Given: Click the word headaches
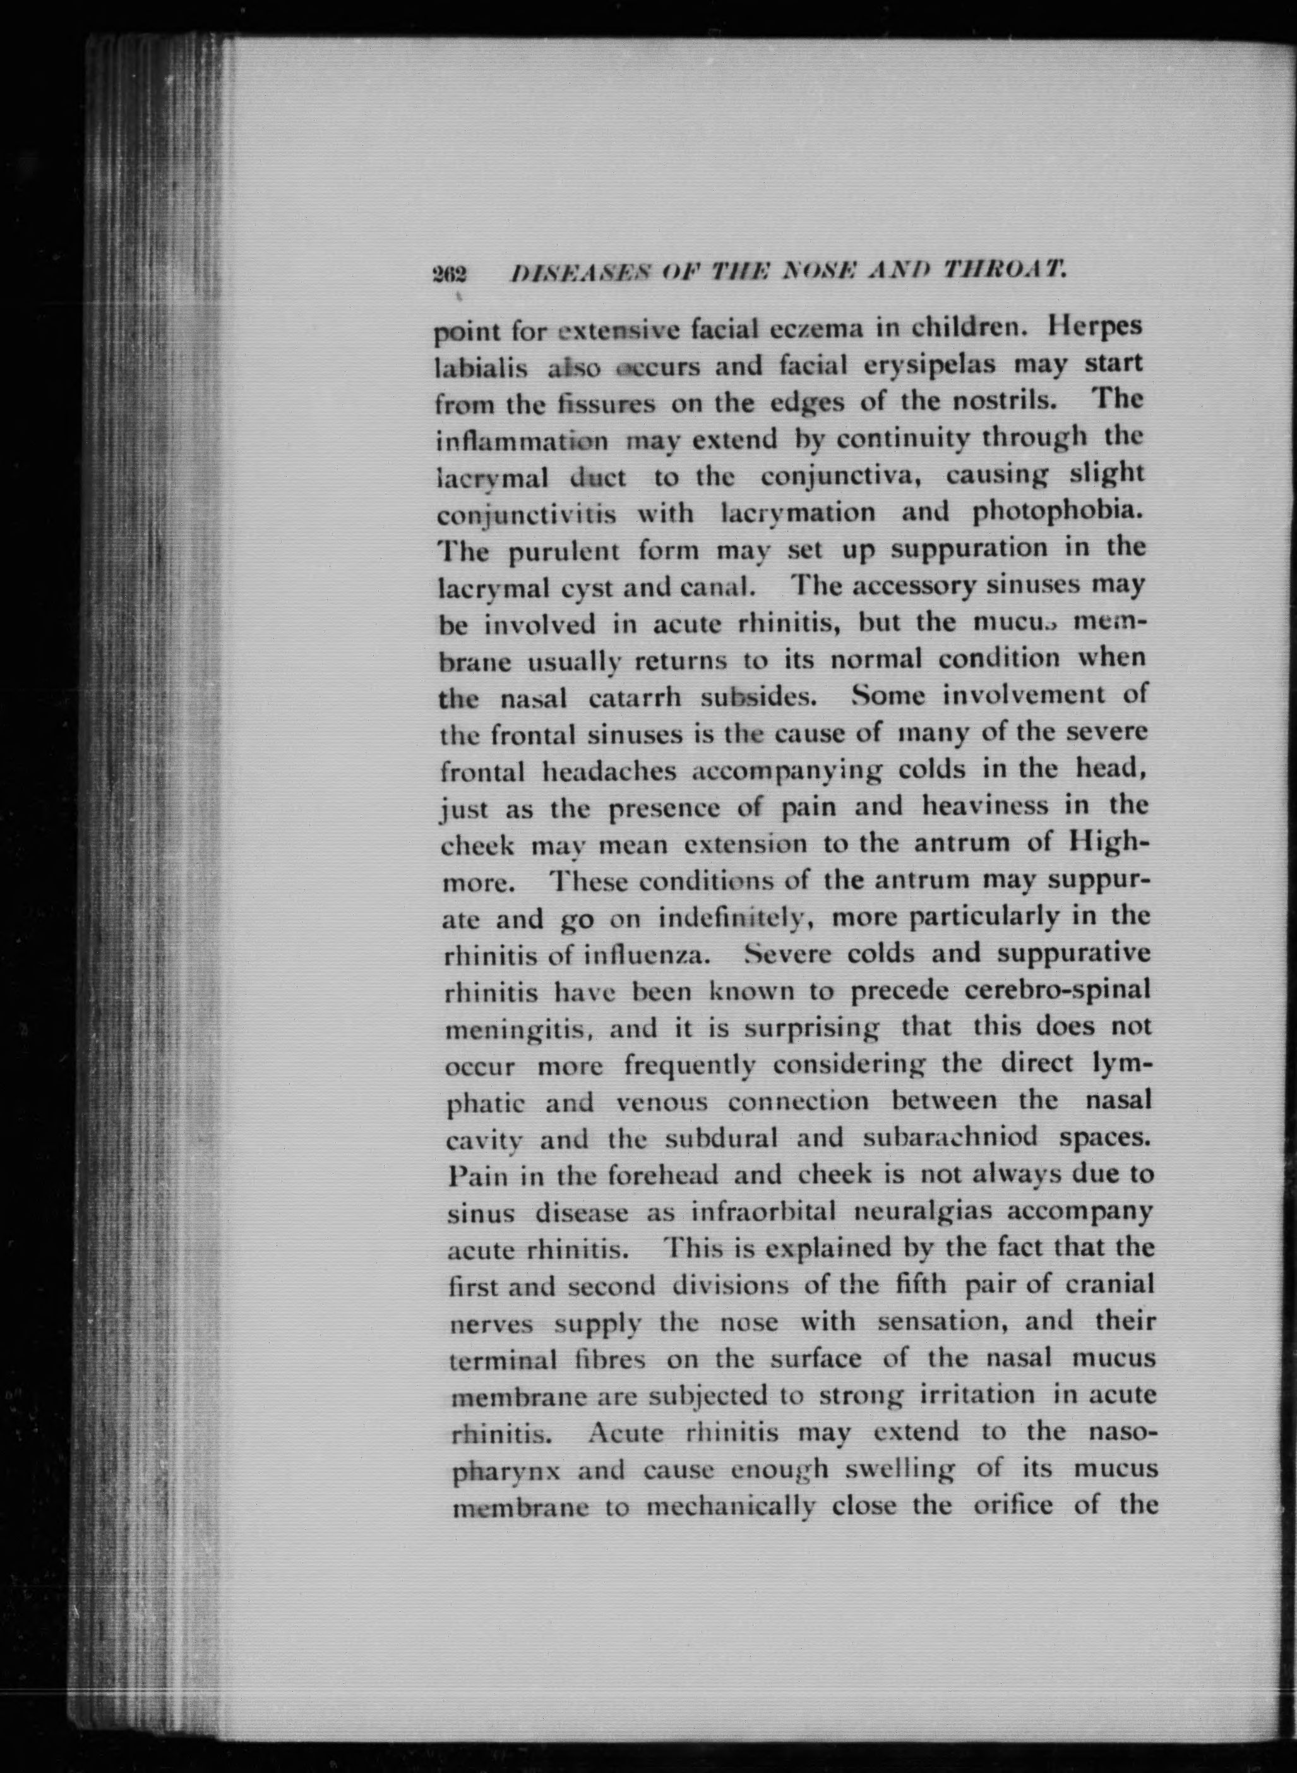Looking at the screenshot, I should (x=609, y=771).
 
